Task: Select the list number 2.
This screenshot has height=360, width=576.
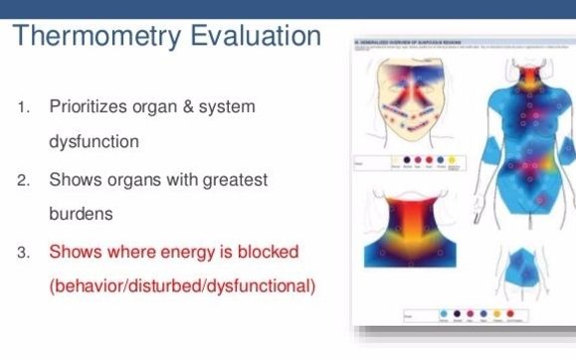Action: coord(22,180)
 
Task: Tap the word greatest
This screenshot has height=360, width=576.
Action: coord(232,180)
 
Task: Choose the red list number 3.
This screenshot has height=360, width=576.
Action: coord(22,252)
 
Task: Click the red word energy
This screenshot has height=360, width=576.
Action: coord(172,251)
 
